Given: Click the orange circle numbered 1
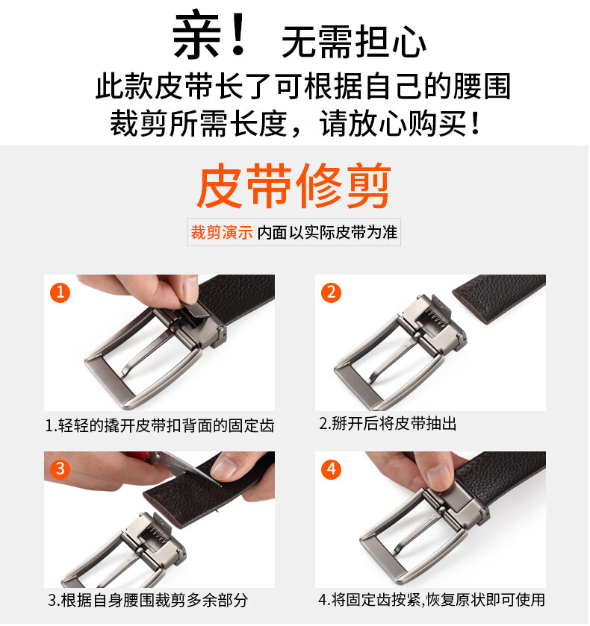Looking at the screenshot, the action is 60,292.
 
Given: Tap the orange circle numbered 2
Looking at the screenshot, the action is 332,292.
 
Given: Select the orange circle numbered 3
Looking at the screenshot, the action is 60,469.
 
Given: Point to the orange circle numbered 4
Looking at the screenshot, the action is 332,469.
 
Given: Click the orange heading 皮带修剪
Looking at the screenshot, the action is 294,186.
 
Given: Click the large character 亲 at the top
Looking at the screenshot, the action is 196,35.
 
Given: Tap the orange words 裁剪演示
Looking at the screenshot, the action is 222,232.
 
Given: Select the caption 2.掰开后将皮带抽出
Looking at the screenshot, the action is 388,423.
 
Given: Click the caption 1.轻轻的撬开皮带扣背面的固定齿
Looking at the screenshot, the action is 160,425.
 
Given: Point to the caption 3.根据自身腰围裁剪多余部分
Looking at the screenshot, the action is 148,600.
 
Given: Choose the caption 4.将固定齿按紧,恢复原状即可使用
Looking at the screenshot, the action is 432,599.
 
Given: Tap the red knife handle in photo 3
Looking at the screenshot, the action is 140,457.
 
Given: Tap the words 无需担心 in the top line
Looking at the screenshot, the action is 354,42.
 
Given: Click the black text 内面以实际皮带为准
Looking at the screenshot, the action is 327,232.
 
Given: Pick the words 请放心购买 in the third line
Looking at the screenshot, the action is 393,123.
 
